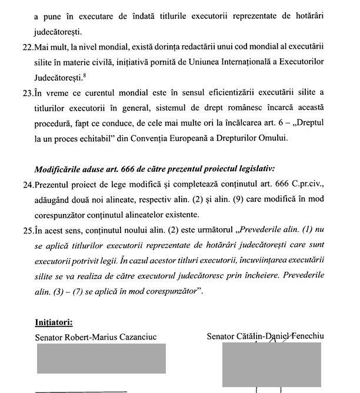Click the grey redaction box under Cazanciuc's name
pos(101,358)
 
